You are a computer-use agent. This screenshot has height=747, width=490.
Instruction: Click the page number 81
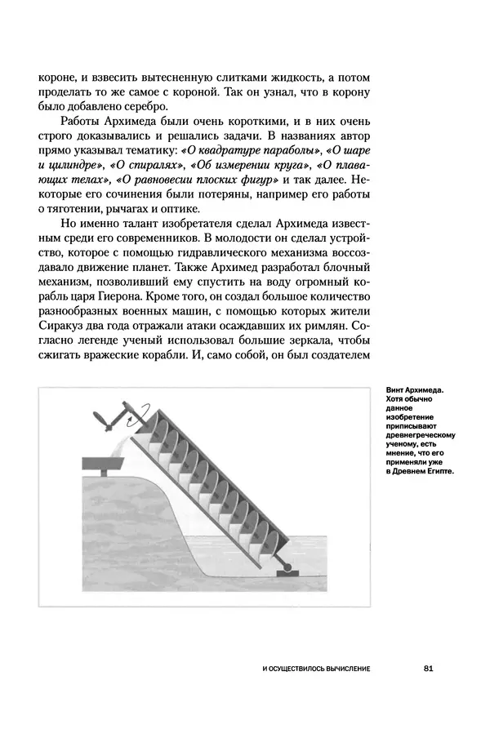428,669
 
